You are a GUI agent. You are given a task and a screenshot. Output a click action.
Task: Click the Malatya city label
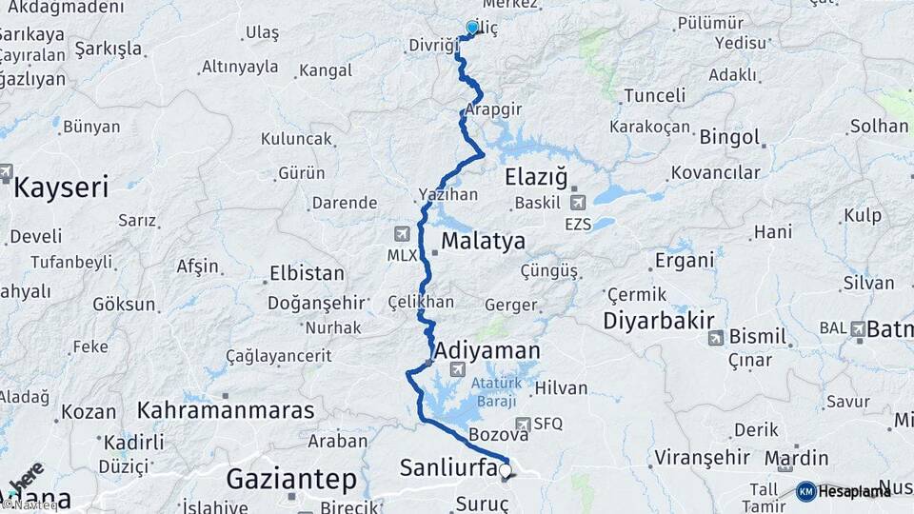pyautogui.click(x=483, y=241)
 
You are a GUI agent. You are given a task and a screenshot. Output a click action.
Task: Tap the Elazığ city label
pyautogui.click(x=536, y=177)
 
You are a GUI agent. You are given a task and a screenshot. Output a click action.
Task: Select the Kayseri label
pyautogui.click(x=61, y=187)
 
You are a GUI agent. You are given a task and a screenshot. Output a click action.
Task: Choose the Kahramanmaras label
pyautogui.click(x=226, y=410)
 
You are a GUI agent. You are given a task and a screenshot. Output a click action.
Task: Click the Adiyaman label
pyautogui.click(x=487, y=351)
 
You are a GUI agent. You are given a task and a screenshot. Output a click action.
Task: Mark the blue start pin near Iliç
pyautogui.click(x=472, y=29)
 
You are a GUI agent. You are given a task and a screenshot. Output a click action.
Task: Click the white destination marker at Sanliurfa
pyautogui.click(x=505, y=470)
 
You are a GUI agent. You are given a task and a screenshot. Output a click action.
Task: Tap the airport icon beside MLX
pyautogui.click(x=402, y=234)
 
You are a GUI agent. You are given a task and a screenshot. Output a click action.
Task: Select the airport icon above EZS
pyautogui.click(x=577, y=203)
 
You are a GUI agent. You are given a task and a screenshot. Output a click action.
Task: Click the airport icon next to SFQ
pyautogui.click(x=522, y=424)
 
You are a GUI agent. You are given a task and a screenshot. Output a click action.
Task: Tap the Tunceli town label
pyautogui.click(x=655, y=95)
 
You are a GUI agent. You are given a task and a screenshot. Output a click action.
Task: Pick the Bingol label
pyautogui.click(x=729, y=137)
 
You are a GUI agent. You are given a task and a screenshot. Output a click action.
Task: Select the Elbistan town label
pyautogui.click(x=307, y=273)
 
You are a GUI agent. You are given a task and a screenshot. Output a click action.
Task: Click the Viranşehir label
pyautogui.click(x=698, y=457)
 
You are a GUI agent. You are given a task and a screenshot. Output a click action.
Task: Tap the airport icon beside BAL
pyautogui.click(x=859, y=328)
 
